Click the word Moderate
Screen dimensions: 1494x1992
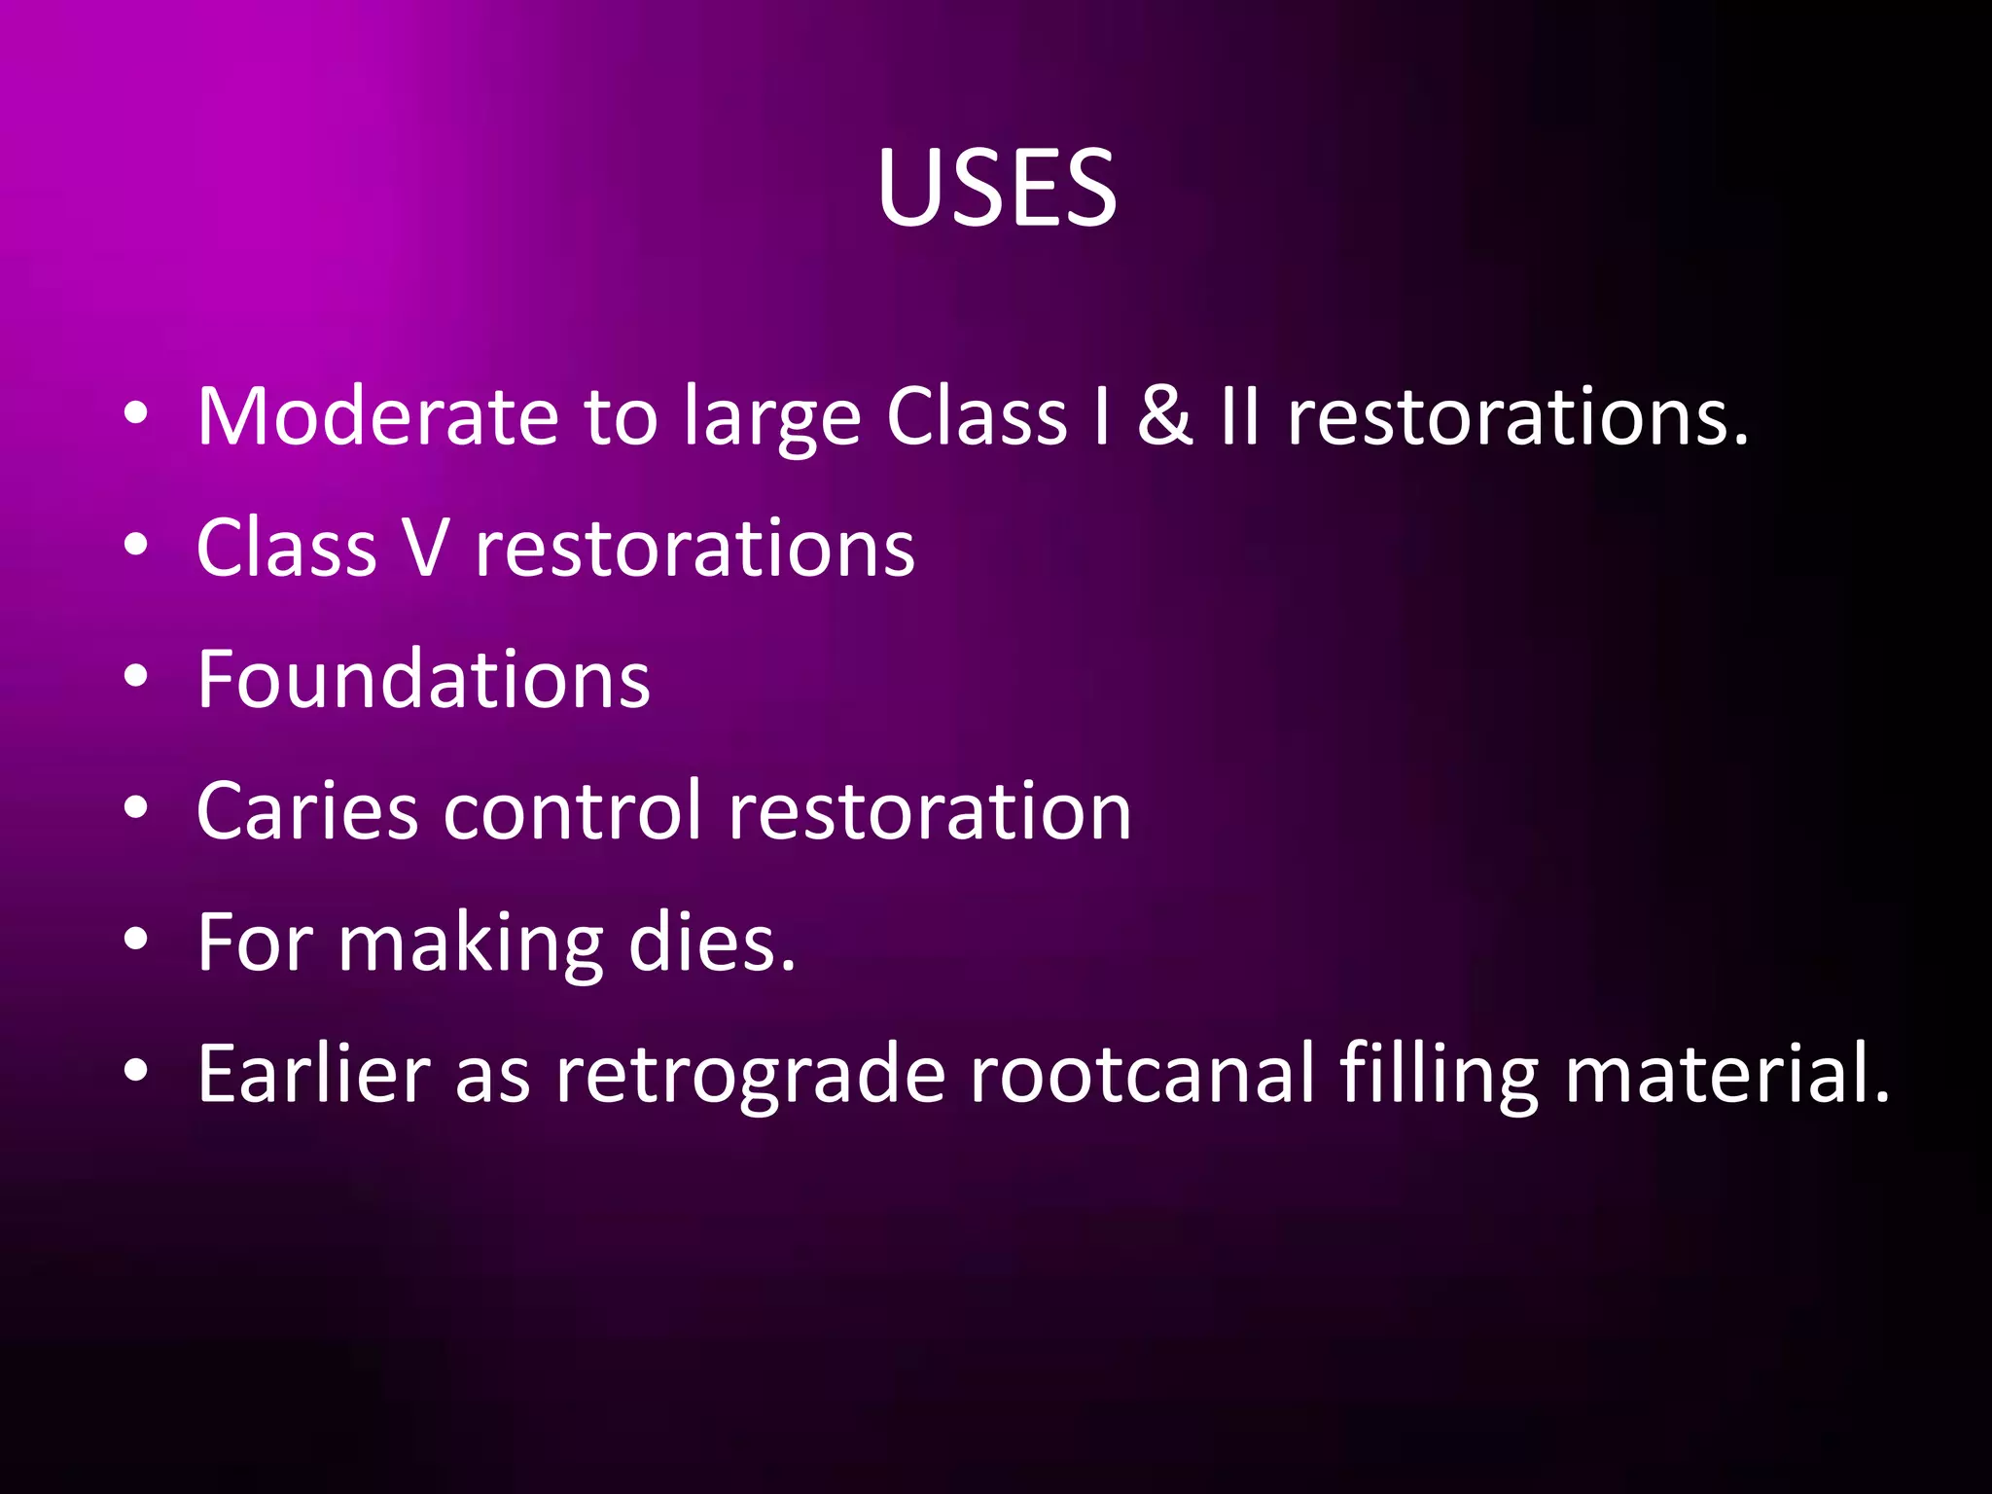377,416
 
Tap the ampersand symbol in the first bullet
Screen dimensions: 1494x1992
1165,416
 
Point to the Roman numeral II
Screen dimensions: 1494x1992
1240,416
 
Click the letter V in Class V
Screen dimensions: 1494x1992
425,549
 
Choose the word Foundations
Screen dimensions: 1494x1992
423,679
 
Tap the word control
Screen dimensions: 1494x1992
572,809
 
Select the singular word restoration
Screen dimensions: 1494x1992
930,811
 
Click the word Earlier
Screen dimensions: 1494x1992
314,1074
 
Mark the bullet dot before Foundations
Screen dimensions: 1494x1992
136,676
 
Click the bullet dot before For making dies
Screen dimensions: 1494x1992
136,940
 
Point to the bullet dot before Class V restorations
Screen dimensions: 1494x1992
136,545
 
